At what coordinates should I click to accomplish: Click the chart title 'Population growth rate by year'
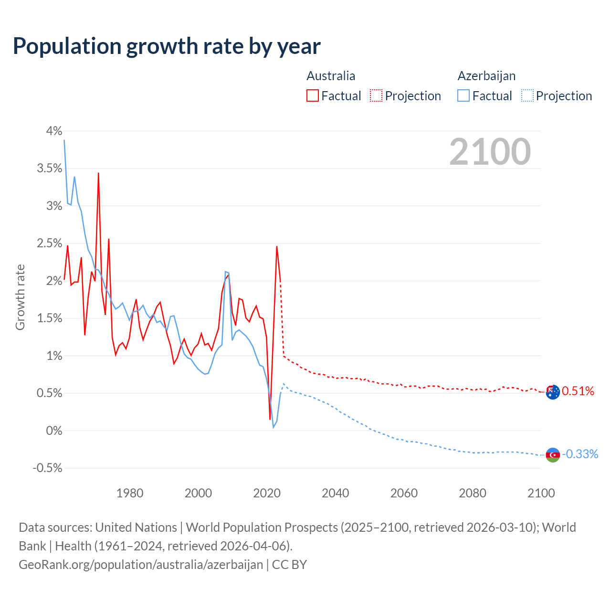point(167,46)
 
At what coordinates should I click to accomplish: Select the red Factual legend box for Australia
point(313,95)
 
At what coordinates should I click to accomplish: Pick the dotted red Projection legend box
point(376,95)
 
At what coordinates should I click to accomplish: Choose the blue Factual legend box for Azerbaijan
point(464,95)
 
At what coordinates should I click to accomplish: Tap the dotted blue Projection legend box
point(527,95)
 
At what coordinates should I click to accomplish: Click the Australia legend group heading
point(331,76)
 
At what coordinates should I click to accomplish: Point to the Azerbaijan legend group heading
point(486,76)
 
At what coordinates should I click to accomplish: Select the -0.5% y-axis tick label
point(48,468)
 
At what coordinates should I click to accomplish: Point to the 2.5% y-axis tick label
point(50,243)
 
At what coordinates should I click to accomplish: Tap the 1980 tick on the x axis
point(130,493)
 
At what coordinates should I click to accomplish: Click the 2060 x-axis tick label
point(404,493)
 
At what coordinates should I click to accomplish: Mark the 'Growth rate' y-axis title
point(20,297)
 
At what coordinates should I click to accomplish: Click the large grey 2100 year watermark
point(490,152)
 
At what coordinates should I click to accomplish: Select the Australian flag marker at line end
point(552,392)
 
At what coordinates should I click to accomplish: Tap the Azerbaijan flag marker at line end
point(552,454)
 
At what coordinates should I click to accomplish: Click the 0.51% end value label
point(578,391)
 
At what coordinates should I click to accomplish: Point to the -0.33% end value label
point(580,454)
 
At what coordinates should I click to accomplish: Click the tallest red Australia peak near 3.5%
point(98,174)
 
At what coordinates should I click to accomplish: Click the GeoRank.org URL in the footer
point(141,564)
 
